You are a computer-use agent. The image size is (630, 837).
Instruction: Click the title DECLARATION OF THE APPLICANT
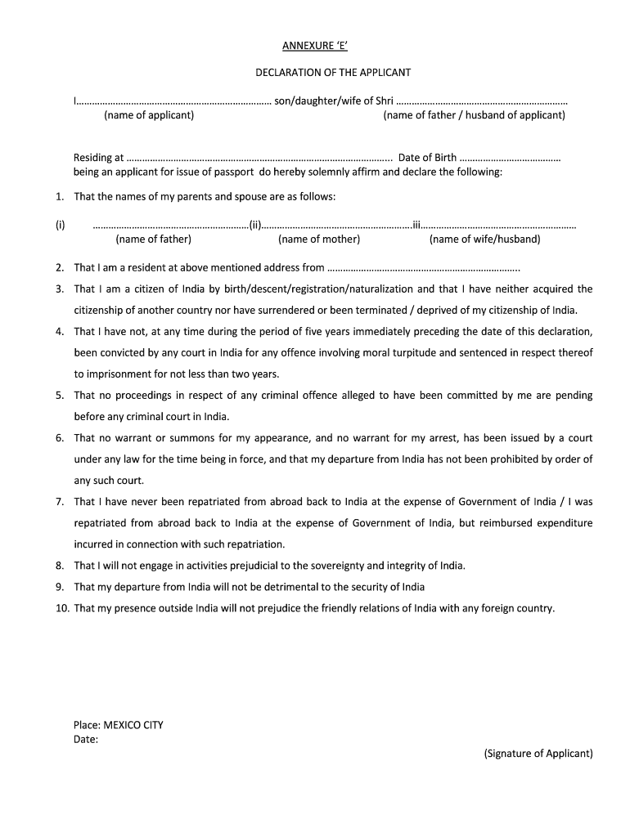(x=333, y=73)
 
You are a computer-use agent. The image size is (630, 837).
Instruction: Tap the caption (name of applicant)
(x=149, y=115)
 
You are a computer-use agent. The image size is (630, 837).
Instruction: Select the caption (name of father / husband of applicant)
(x=475, y=115)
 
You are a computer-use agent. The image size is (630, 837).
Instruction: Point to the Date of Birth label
(x=427, y=158)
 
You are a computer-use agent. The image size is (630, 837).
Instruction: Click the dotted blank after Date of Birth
(x=511, y=159)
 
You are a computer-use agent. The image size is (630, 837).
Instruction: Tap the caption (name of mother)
(x=319, y=239)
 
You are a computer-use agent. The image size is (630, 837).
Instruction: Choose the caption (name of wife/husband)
(x=485, y=239)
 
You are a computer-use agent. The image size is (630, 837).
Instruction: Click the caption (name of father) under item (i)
(x=154, y=239)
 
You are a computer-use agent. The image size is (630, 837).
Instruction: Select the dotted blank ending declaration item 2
(x=424, y=268)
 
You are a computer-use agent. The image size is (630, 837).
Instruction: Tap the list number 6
(x=60, y=438)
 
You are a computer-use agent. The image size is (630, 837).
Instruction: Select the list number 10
(x=62, y=608)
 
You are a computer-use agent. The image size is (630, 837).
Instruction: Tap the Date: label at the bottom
(x=86, y=739)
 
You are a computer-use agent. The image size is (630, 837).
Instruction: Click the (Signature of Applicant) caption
(x=538, y=754)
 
